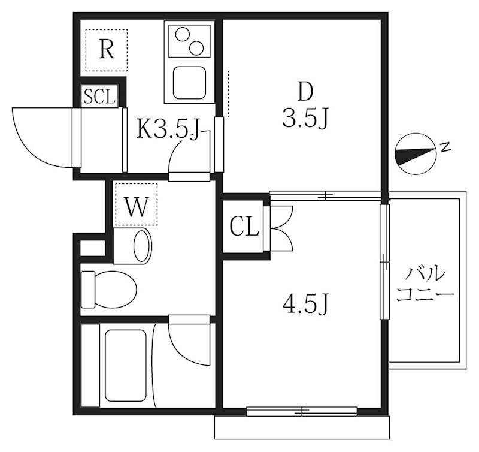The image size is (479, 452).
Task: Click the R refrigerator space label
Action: [107, 49]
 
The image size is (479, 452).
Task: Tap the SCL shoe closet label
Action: [99, 97]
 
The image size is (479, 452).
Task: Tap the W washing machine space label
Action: [136, 207]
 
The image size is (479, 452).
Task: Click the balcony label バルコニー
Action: [425, 285]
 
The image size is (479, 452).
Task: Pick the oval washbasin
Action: [141, 245]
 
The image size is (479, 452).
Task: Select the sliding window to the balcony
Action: [384, 261]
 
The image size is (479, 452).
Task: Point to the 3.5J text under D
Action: [305, 120]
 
